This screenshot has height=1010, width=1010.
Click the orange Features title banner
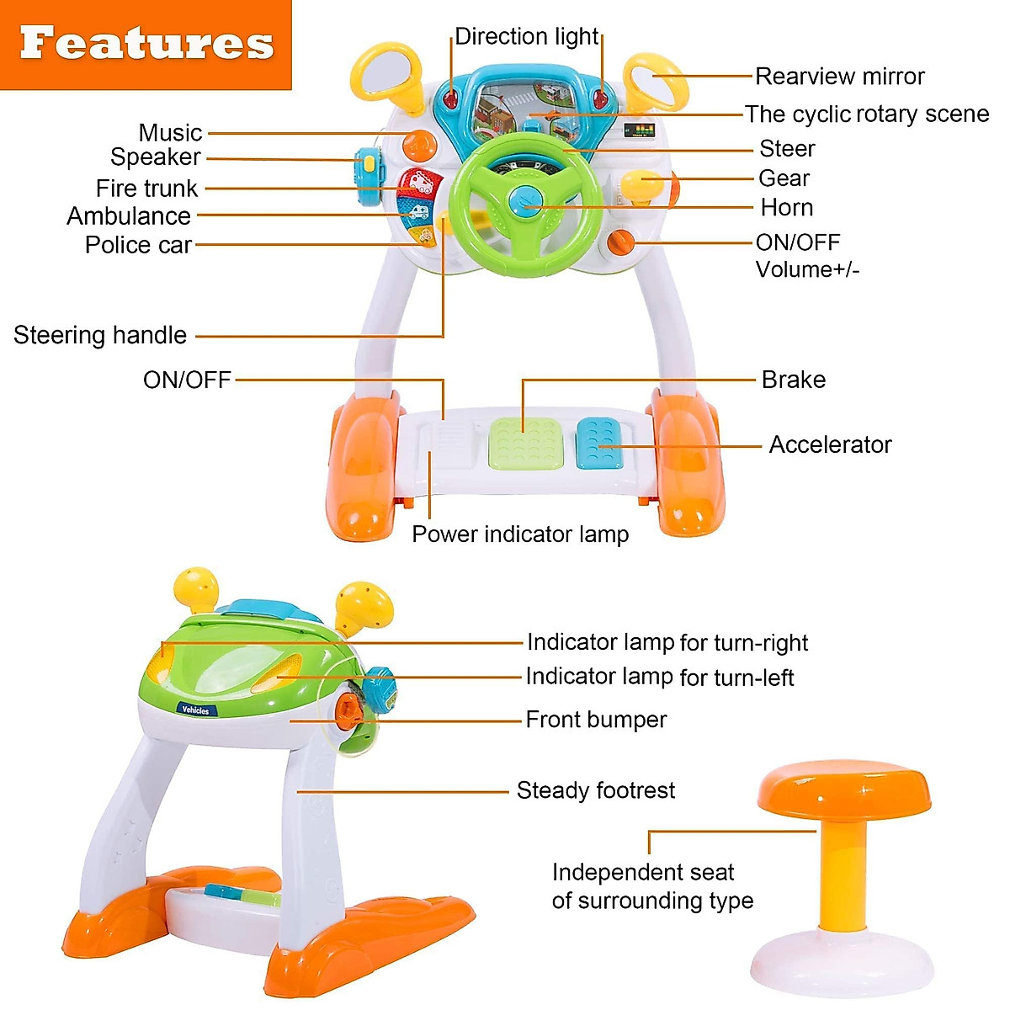coord(146,45)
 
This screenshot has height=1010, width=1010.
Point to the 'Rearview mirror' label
coord(839,77)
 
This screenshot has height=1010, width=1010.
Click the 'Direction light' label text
coord(526,37)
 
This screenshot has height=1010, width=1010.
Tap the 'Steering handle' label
coord(100,335)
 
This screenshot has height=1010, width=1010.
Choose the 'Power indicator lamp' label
coord(520,534)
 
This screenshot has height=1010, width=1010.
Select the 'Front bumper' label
coord(596,720)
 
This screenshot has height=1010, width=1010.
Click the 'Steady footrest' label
coord(596,790)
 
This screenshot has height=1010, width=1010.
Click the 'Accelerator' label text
coord(830,444)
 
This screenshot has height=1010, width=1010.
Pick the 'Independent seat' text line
coord(643,872)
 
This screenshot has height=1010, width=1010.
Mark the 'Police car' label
coord(138,245)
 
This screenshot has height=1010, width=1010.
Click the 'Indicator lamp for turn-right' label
coord(667,643)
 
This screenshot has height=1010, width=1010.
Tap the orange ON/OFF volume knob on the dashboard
coord(621,242)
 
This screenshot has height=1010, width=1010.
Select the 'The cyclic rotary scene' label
coord(867,114)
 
